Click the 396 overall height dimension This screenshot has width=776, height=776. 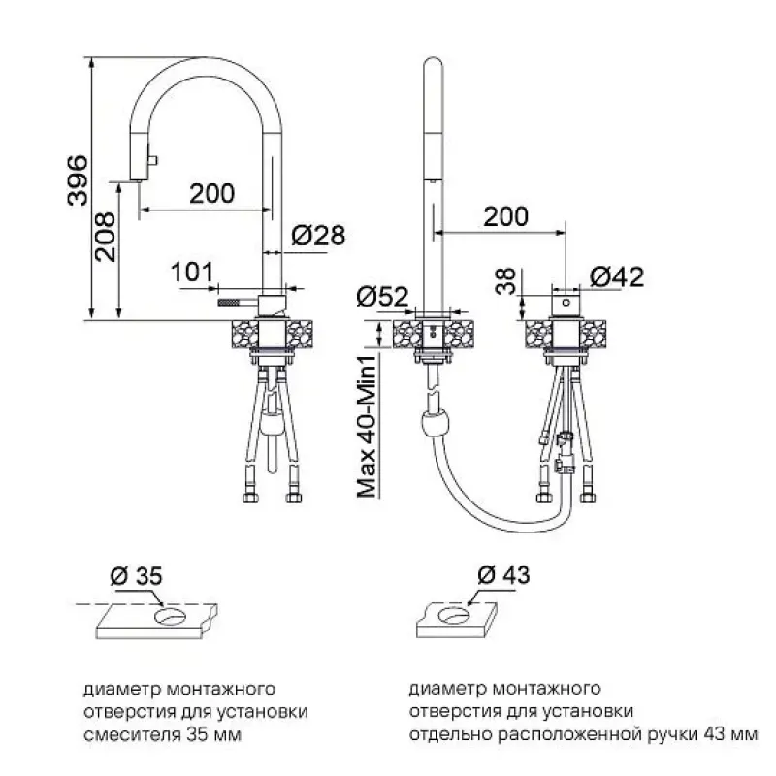78,180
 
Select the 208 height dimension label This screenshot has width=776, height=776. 106,238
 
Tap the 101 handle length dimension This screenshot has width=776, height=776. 192,272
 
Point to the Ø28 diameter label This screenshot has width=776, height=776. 318,235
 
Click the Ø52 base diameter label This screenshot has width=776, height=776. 382,297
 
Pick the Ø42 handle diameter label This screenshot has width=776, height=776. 617,277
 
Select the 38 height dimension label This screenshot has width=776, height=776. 505,281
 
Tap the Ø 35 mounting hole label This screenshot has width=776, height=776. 136,576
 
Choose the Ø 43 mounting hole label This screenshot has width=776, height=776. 503,575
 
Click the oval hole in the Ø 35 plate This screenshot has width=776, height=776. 171,616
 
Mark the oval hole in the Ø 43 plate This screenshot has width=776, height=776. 454,615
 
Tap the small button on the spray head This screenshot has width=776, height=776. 152,160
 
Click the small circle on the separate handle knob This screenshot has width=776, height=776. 566,303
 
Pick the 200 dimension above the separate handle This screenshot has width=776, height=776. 505,216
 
